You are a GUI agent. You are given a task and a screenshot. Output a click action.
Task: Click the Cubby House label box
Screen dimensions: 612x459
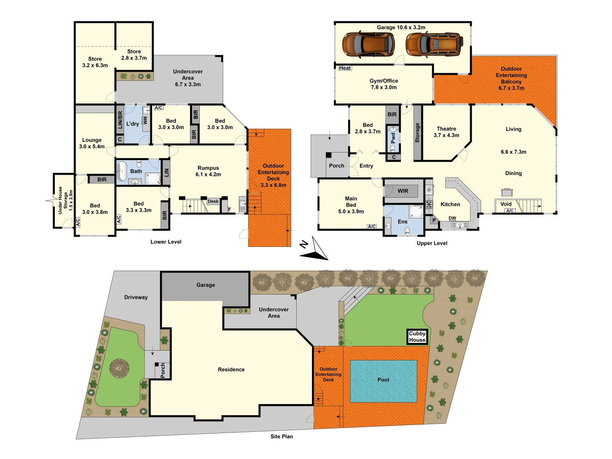(x=417, y=337)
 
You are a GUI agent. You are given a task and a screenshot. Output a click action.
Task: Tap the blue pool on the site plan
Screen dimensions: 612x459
(x=383, y=381)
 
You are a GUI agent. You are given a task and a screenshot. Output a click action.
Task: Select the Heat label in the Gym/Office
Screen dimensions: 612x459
(x=345, y=68)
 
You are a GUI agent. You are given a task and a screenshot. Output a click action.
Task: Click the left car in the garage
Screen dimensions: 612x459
(x=368, y=45)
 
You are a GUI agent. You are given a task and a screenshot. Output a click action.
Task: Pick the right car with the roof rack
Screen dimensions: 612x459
(x=434, y=45)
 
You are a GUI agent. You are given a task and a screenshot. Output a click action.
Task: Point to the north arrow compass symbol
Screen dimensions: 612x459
(x=314, y=249)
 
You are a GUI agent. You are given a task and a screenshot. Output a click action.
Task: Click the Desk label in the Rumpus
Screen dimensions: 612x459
(x=213, y=201)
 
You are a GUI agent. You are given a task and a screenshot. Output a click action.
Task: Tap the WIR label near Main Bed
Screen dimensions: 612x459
(x=402, y=191)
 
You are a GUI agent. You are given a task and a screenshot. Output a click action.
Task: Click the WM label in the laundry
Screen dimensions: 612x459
(x=145, y=120)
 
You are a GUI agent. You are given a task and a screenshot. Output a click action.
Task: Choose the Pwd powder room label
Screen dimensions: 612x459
(x=393, y=138)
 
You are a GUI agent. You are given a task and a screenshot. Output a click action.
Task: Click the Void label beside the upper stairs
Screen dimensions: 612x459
(x=506, y=204)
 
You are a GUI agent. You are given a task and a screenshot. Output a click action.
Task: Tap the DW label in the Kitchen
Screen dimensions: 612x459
(x=452, y=218)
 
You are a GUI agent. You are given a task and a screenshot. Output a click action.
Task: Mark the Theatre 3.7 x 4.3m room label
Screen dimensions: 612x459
(x=446, y=132)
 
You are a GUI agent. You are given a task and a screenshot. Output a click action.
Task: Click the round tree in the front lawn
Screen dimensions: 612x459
(x=119, y=368)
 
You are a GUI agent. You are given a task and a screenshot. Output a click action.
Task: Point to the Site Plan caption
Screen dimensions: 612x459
(x=282, y=436)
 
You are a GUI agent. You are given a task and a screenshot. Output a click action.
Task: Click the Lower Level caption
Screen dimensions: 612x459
(x=166, y=242)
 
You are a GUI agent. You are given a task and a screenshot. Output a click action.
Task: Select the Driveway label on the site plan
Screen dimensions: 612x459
(x=136, y=297)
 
